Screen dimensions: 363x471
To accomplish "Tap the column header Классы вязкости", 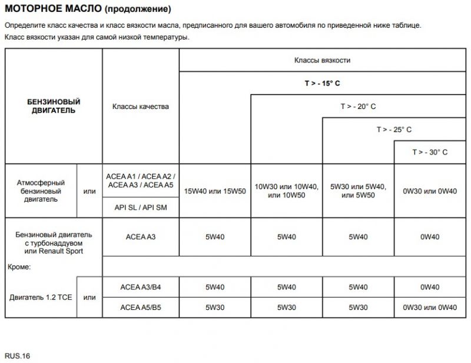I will [322, 60].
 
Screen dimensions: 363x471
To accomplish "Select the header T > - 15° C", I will [322, 83].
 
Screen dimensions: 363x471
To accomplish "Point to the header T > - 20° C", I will [358, 106].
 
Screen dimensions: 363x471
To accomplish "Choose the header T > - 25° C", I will [394, 129].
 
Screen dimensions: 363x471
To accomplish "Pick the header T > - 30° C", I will [430, 152].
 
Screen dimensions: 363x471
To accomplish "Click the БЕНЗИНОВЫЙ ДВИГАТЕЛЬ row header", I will [54, 107].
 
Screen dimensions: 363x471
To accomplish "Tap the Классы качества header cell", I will [141, 107].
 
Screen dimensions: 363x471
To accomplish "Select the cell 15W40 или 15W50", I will [214, 191].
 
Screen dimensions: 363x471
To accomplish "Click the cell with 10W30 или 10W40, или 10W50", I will [286, 191].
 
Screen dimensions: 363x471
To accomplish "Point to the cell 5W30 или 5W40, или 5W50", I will [358, 191].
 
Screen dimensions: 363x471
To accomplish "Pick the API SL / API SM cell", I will [141, 207].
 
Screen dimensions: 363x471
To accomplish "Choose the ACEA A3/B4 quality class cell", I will [141, 287].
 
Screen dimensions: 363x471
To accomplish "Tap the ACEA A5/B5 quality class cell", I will [141, 307].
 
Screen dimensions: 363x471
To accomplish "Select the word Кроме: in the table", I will [20, 266].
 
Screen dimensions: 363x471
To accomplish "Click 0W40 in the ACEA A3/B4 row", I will [430, 287].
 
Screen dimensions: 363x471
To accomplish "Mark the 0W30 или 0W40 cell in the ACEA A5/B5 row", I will [430, 307].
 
